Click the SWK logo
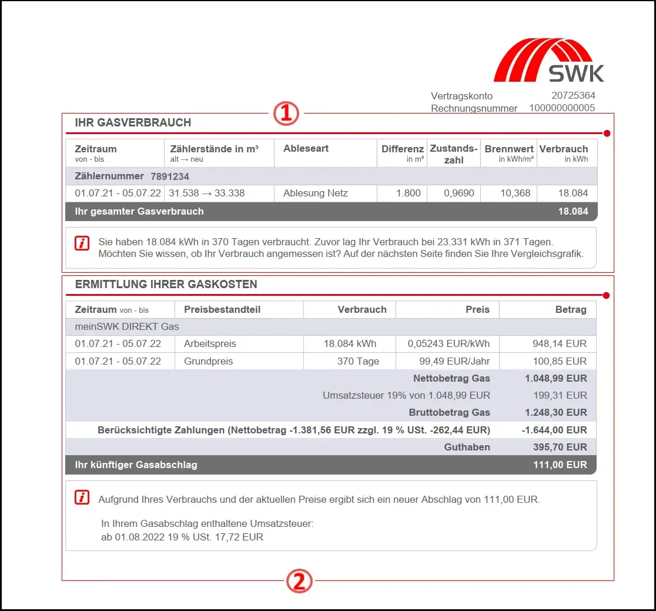(x=549, y=61)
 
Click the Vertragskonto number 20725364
(x=573, y=96)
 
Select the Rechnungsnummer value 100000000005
(x=562, y=108)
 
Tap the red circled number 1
(x=286, y=113)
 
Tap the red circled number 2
(x=299, y=582)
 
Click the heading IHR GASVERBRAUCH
(x=133, y=123)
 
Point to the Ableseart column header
(x=306, y=149)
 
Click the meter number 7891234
(x=170, y=176)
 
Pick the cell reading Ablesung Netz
(x=315, y=193)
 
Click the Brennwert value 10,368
(x=516, y=193)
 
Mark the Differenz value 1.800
(x=408, y=193)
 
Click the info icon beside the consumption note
(x=82, y=243)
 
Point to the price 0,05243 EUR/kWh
(x=449, y=344)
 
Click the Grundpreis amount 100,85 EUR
(x=559, y=362)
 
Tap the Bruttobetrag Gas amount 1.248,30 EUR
(x=554, y=413)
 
